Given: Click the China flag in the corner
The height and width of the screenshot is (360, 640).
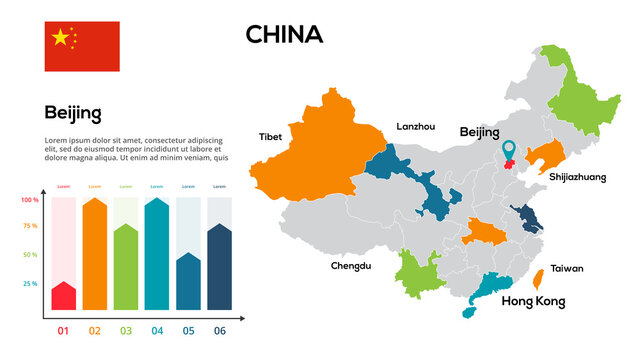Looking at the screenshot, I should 81,46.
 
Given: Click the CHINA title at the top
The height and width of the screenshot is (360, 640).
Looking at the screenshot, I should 284,35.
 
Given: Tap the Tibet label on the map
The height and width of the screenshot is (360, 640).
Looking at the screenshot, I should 270,136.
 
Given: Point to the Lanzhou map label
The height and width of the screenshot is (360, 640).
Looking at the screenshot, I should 416,127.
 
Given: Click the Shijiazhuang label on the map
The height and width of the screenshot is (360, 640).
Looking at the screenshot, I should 577,176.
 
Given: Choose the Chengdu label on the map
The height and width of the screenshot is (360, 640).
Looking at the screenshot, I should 351,266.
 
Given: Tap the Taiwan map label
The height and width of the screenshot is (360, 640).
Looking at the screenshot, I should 567,268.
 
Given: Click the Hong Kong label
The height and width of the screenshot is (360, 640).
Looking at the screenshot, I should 533,301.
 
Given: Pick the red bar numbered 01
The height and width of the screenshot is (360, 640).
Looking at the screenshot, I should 64,296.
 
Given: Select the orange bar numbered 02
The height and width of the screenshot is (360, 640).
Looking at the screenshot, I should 95,255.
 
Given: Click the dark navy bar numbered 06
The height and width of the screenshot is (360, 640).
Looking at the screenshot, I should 219,267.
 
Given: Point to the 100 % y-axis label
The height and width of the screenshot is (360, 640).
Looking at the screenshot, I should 30,200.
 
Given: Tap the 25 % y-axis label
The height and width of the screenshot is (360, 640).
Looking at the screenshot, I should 30,284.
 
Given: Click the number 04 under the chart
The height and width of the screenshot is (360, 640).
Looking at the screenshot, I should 157,331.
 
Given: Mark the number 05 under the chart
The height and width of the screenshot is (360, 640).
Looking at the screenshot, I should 188,331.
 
